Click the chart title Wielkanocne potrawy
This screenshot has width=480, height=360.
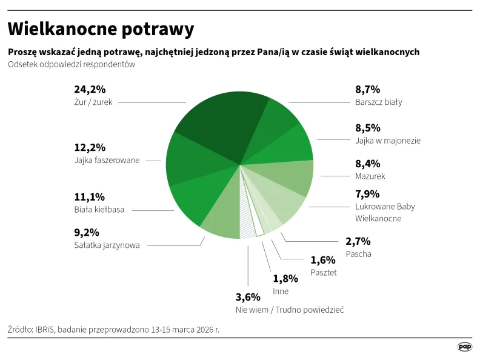pos(101,28)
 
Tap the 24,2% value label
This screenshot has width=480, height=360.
pos(90,90)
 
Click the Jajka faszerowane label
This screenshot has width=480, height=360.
pos(107,161)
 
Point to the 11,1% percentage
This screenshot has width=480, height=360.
pos(90,197)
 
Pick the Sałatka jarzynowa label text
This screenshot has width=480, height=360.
pos(107,245)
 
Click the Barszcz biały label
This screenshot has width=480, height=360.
pos(378,102)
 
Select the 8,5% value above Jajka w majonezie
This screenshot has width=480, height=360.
pos(368,128)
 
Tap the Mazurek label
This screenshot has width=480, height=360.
pos(370,176)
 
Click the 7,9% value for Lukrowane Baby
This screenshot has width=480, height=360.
pos(368,195)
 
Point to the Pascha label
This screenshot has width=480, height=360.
pos(358,254)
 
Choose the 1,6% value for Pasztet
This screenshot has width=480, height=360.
pos(323,260)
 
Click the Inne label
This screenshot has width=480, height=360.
pos(281,292)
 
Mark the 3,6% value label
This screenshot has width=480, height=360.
pos(248,297)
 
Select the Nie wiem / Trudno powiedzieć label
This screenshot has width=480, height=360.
pos(290,310)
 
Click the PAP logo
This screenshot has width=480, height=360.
pos(464,347)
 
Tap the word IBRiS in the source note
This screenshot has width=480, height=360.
pos(44,330)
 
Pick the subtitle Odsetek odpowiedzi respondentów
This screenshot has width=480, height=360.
pos(72,64)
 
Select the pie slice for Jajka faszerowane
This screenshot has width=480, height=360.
pos(188,159)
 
